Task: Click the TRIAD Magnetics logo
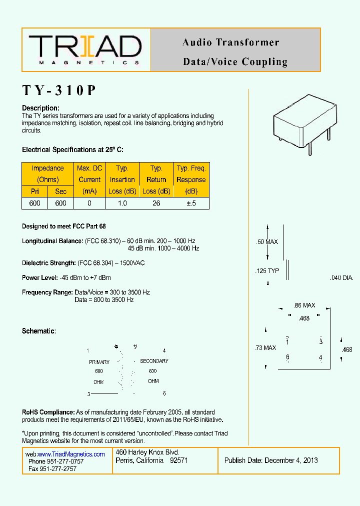point(85,49)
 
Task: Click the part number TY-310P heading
point(59,90)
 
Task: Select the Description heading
point(40,108)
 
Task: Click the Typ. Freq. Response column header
point(191,180)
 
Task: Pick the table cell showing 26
point(156,203)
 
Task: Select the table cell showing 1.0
point(122,203)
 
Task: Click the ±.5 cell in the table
point(191,203)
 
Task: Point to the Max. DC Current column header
point(89,180)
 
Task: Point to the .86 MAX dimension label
point(304,305)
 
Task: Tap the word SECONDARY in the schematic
point(154,361)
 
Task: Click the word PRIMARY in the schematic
point(99,362)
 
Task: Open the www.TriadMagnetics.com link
point(71,454)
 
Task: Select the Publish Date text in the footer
point(271,460)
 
